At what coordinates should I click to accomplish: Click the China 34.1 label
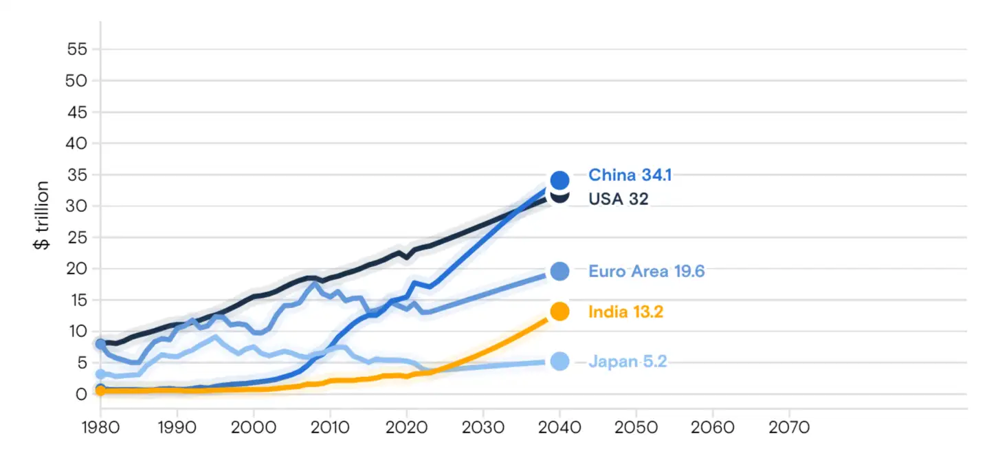(x=630, y=175)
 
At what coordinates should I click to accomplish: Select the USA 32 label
(x=618, y=199)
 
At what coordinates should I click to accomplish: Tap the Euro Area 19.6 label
(x=646, y=272)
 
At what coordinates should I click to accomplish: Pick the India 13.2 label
(x=625, y=312)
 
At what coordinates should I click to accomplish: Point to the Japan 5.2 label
(x=627, y=361)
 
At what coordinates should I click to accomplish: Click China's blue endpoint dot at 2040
(x=559, y=180)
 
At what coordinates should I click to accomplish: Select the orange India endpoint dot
(x=559, y=312)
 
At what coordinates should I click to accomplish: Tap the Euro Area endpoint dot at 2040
(x=559, y=272)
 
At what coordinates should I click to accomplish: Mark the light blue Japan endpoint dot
(x=559, y=361)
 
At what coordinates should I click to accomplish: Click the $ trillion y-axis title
(x=43, y=215)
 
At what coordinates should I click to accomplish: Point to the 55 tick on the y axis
(x=77, y=50)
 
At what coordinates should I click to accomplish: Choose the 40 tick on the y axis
(x=77, y=144)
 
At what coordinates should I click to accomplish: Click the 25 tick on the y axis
(x=77, y=238)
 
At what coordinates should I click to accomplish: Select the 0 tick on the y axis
(x=82, y=395)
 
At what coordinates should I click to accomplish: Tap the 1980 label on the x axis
(x=100, y=428)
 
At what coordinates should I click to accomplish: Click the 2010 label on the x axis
(x=330, y=428)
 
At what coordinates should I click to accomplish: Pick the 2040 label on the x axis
(x=559, y=428)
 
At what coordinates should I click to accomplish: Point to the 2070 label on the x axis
(x=789, y=428)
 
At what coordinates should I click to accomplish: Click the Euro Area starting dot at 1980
(x=100, y=343)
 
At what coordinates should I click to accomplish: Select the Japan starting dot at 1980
(x=100, y=374)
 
